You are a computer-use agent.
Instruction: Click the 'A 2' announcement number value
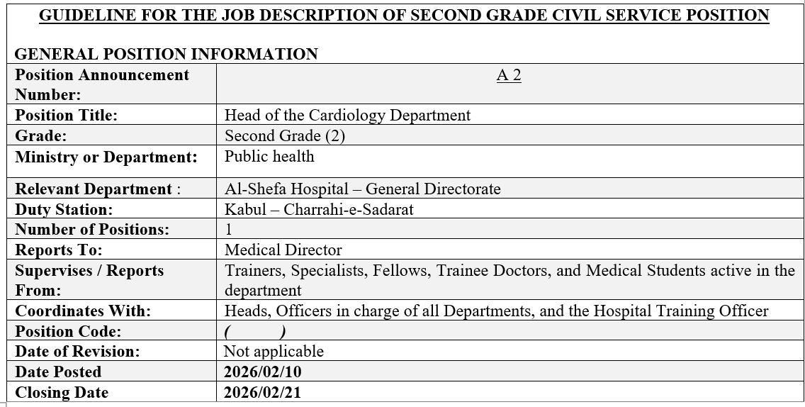pos(509,76)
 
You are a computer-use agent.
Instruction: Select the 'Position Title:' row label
pos(67,115)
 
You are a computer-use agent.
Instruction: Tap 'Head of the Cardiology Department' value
pos(347,115)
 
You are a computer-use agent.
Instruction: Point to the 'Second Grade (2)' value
pos(285,135)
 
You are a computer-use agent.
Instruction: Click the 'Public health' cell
pos(269,156)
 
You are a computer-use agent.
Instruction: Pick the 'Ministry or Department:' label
pos(106,157)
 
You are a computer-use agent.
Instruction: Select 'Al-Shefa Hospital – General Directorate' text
pos(362,189)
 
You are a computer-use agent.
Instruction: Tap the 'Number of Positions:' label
pos(92,230)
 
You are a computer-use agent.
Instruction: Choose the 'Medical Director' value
pos(283,250)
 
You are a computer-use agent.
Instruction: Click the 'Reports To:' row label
pos(59,250)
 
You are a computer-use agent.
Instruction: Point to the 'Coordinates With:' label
pos(83,311)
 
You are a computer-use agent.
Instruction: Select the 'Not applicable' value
pos(274,351)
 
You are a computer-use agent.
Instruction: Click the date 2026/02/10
pos(262,372)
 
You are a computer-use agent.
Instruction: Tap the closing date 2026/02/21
pos(262,392)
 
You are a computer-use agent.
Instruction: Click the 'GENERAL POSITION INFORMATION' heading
pos(166,54)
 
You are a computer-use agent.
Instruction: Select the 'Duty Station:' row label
pos(64,209)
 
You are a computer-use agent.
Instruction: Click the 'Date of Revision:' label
pos(77,351)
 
